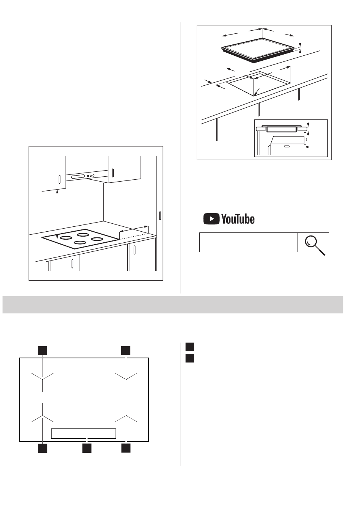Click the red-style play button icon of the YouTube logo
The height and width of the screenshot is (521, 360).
(x=211, y=219)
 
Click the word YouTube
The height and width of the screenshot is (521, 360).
(x=238, y=219)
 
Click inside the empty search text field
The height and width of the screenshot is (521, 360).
(x=248, y=242)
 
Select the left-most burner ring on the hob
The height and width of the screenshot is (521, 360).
(x=66, y=238)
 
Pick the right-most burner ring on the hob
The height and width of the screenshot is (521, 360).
(x=97, y=239)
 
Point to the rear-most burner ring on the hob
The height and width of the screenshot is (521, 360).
(x=83, y=234)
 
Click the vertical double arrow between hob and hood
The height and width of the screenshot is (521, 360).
(x=57, y=214)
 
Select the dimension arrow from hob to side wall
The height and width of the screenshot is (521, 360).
(x=134, y=229)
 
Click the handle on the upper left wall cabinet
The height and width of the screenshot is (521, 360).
(x=59, y=179)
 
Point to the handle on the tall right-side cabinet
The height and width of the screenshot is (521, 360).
(x=160, y=215)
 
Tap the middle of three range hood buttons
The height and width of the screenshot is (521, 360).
(x=91, y=176)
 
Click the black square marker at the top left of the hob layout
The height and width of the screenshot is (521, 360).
(x=42, y=350)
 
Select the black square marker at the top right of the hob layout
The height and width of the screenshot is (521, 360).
(x=126, y=350)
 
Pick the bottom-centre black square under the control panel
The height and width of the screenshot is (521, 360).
(x=87, y=448)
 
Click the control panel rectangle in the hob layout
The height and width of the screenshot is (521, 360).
(x=83, y=433)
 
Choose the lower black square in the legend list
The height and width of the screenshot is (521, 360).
(x=189, y=358)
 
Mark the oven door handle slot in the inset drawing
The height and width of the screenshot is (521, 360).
(x=286, y=146)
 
